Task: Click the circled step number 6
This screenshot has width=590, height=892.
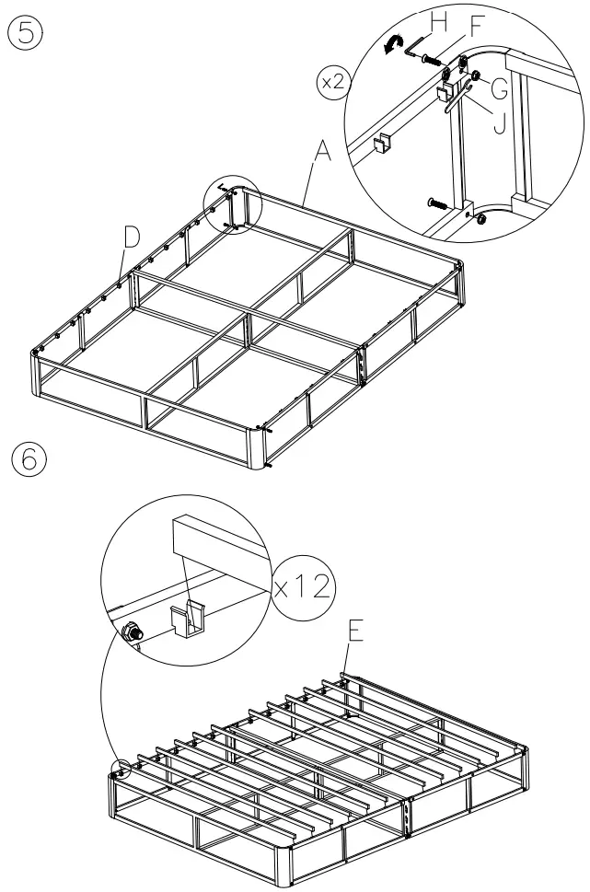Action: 25,458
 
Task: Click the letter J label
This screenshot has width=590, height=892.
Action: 498,122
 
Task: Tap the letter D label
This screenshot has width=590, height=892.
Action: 133,237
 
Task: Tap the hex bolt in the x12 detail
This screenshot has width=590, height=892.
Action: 131,631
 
